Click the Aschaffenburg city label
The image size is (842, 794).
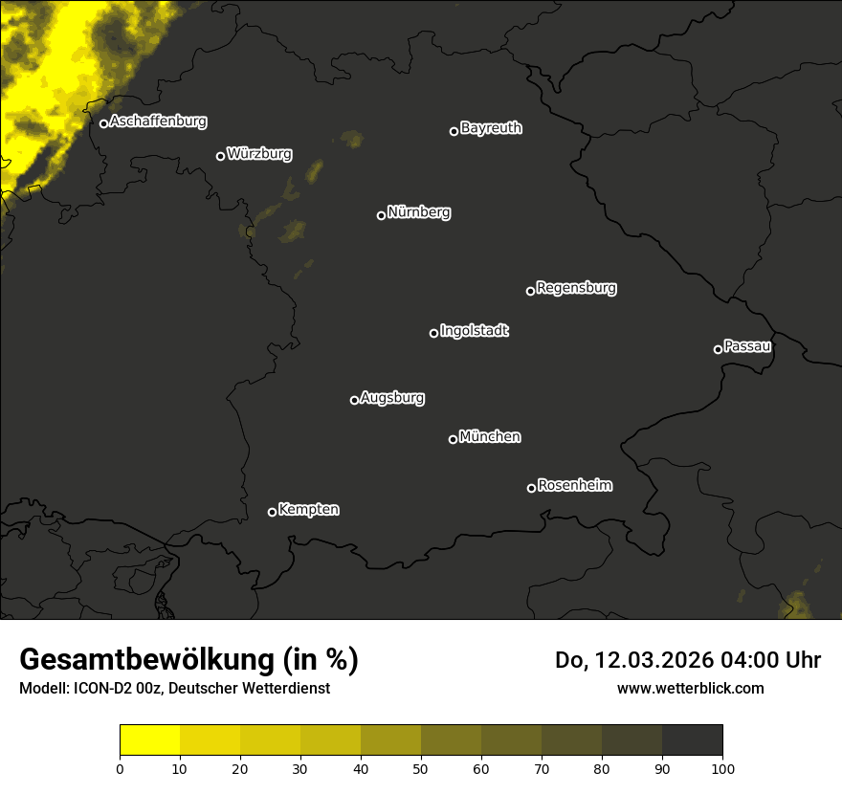coord(158,121)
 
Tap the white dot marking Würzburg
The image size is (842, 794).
coord(220,156)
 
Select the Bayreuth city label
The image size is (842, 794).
coord(491,128)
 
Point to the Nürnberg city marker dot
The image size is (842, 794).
coord(381,215)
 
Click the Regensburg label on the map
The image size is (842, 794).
coord(576,287)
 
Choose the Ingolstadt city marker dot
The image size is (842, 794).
coord(433,333)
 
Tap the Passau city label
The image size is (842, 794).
coord(747,345)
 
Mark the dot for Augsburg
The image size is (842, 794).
coord(354,400)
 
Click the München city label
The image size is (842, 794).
coord(490,437)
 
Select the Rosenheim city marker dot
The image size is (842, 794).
coord(531,488)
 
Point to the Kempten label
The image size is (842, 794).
coord(308,510)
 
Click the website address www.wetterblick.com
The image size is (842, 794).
coord(691,688)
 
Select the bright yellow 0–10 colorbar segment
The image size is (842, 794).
coord(149,740)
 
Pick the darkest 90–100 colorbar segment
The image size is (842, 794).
coord(692,740)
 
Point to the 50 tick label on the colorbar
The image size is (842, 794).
coord(421,768)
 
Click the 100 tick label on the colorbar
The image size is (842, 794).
coord(722,768)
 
